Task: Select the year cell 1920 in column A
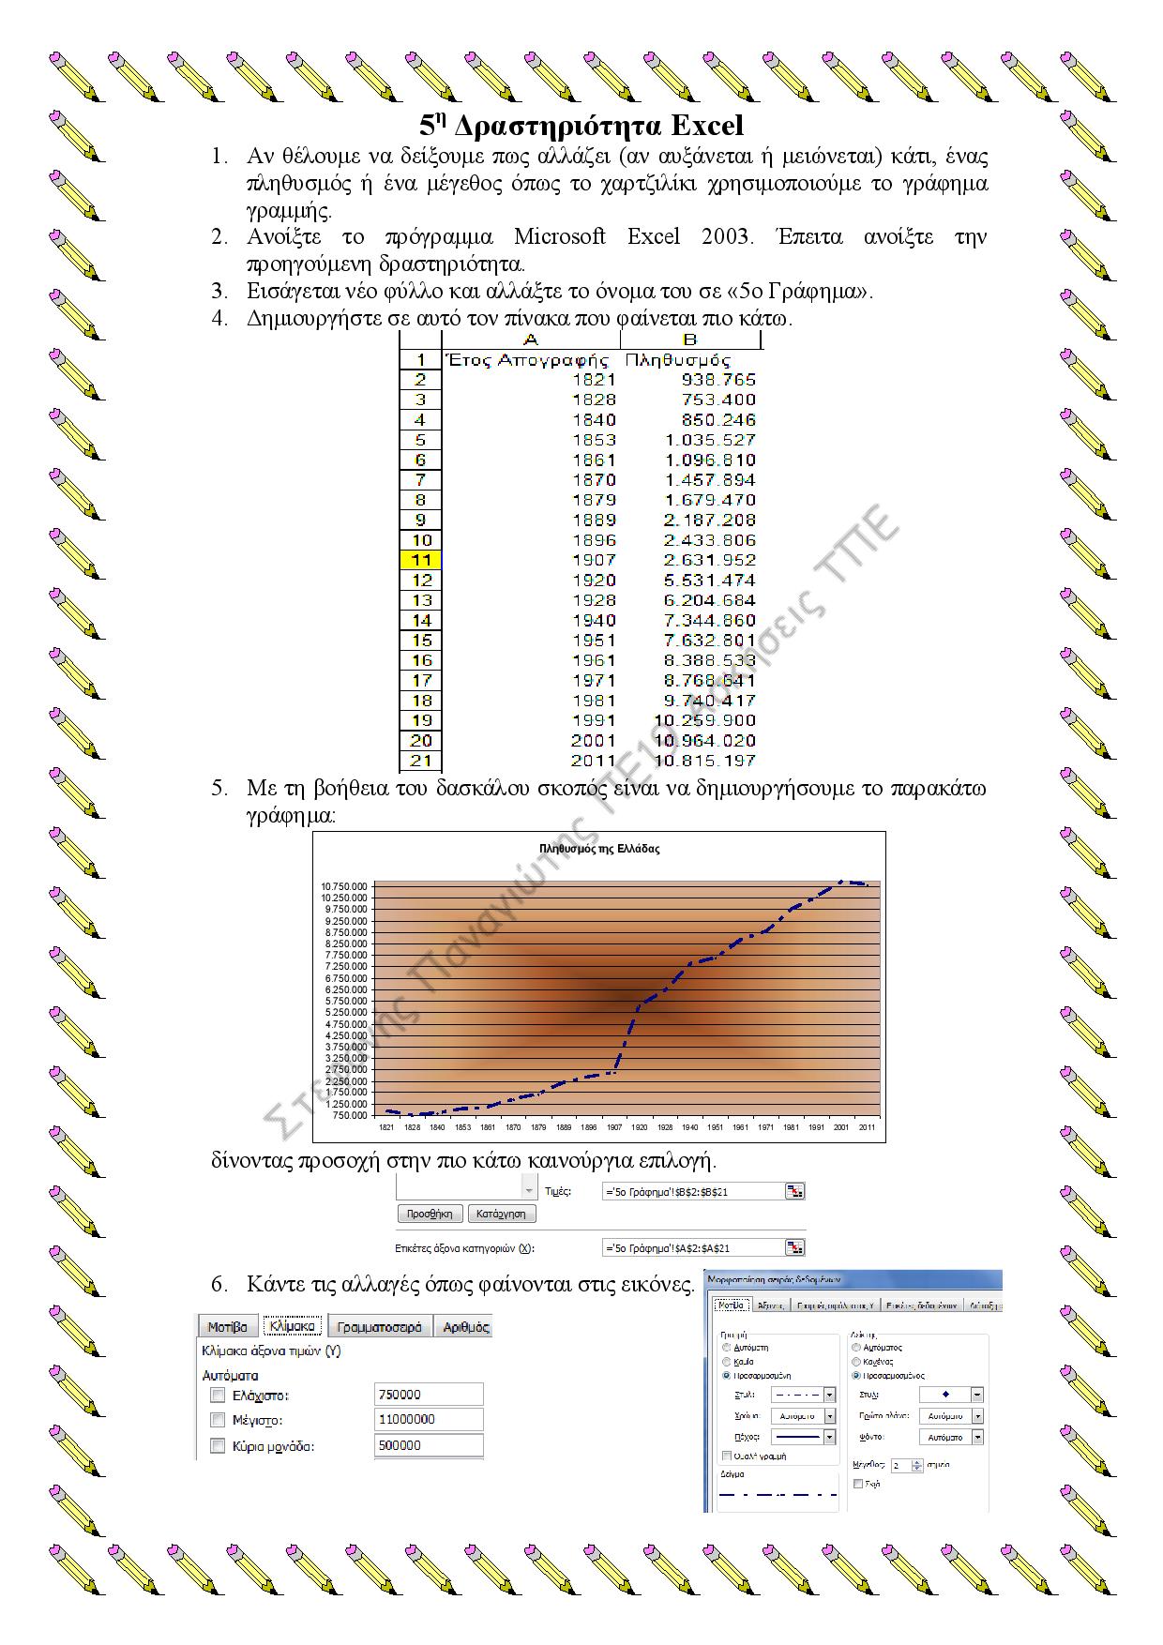pos(594,581)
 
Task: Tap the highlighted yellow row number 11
pos(421,561)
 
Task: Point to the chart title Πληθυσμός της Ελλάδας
pos(599,849)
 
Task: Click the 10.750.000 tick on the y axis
pos(344,886)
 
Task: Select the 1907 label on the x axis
pos(614,1127)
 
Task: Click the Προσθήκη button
pos(430,1214)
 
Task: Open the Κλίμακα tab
pos(292,1326)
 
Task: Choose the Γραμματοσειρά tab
pos(380,1327)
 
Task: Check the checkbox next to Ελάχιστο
pos(218,1396)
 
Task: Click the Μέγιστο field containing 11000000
pos(429,1420)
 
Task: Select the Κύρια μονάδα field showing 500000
pos(429,1445)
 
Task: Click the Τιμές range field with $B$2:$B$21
pos(693,1191)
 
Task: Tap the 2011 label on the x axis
pos(867,1127)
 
